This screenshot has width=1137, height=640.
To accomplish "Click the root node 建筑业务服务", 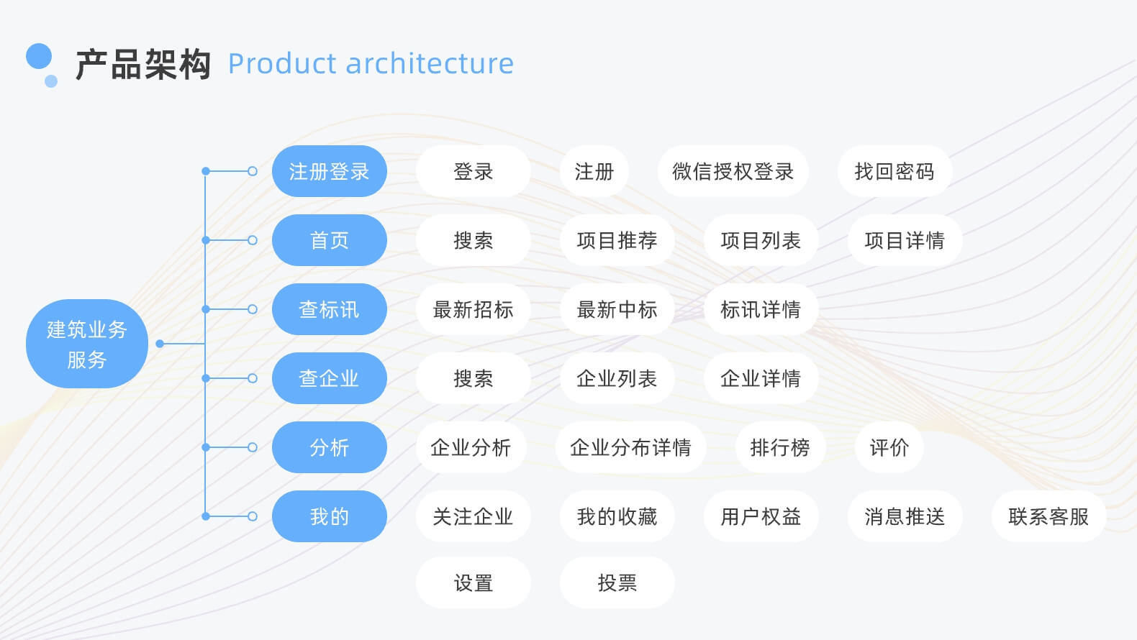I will tap(87, 344).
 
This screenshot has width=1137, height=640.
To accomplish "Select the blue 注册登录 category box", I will tap(329, 171).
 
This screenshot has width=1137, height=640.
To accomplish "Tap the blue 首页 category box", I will tap(329, 240).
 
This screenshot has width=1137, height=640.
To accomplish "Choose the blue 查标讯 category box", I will tap(329, 309).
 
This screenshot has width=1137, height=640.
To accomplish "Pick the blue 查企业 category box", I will tap(329, 378).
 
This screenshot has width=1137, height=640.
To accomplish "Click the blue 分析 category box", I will tap(329, 447).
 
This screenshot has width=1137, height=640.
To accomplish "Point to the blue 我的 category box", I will tap(329, 516).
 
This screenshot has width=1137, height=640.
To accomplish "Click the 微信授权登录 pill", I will tap(733, 171).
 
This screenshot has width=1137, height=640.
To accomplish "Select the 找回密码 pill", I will tap(894, 171).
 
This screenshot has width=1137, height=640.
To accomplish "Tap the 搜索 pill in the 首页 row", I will tap(473, 240).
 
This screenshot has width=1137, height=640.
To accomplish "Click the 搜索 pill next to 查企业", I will tap(473, 378).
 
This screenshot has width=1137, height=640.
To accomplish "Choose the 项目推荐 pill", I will tap(617, 240).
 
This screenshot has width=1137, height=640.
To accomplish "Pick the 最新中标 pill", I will tap(617, 309).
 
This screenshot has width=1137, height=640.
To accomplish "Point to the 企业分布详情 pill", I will tap(630, 447).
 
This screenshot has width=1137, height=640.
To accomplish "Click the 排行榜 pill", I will tap(780, 447).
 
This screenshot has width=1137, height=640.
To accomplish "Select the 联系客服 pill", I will tap(1048, 516).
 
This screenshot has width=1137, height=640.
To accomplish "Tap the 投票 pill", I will tap(617, 582).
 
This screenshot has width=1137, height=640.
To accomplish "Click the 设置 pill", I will tap(473, 582).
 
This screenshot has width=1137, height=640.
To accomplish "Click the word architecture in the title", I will tap(430, 63).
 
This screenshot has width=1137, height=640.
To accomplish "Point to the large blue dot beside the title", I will tap(39, 57).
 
